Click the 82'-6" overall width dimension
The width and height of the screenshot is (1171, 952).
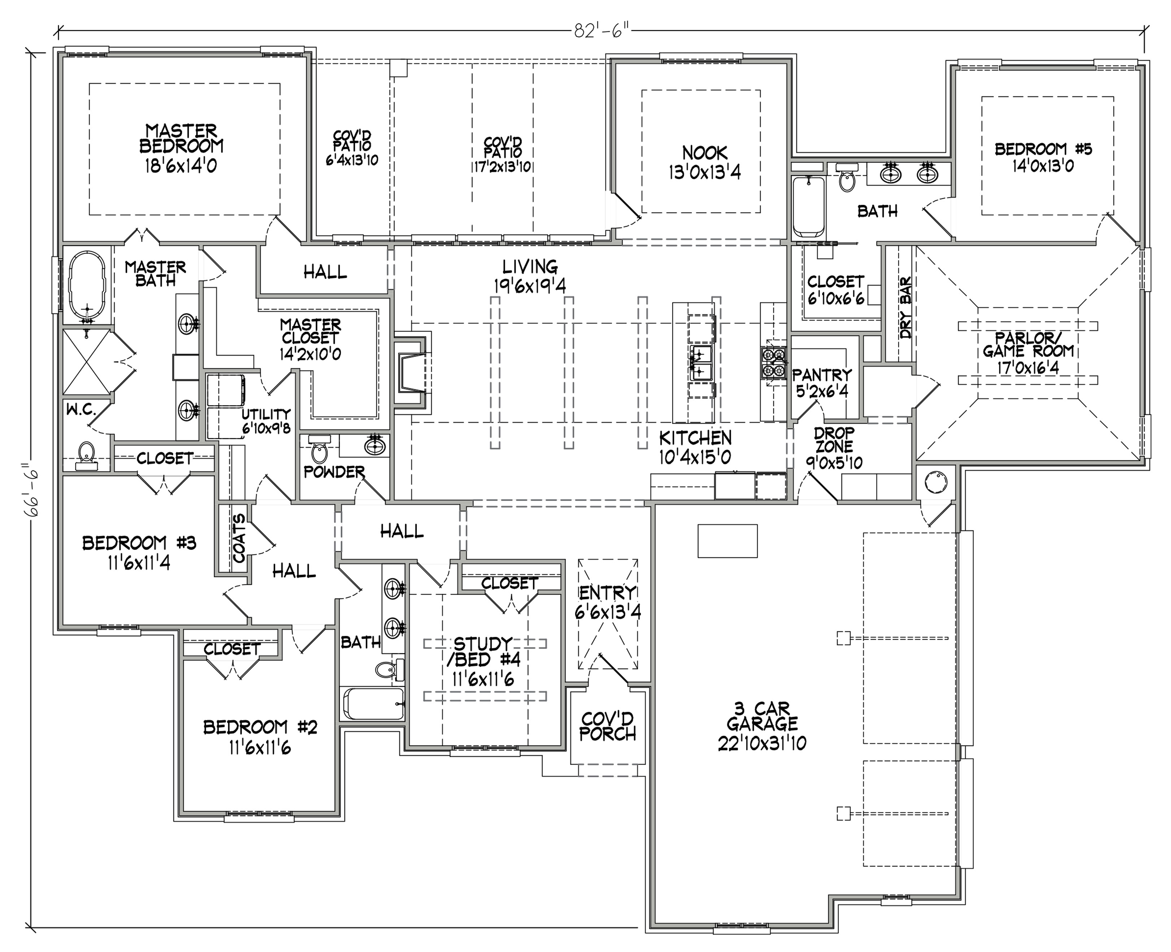[x=601, y=32]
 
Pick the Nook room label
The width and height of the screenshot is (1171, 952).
[x=705, y=162]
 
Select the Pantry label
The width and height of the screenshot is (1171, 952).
[x=822, y=383]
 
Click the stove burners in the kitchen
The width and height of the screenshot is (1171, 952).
[x=773, y=363]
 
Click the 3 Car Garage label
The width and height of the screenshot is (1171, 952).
[x=762, y=725]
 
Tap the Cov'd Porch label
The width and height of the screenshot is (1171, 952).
[x=608, y=726]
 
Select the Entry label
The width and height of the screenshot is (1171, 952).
[x=608, y=602]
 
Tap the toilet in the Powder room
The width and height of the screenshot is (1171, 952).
[x=319, y=452]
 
